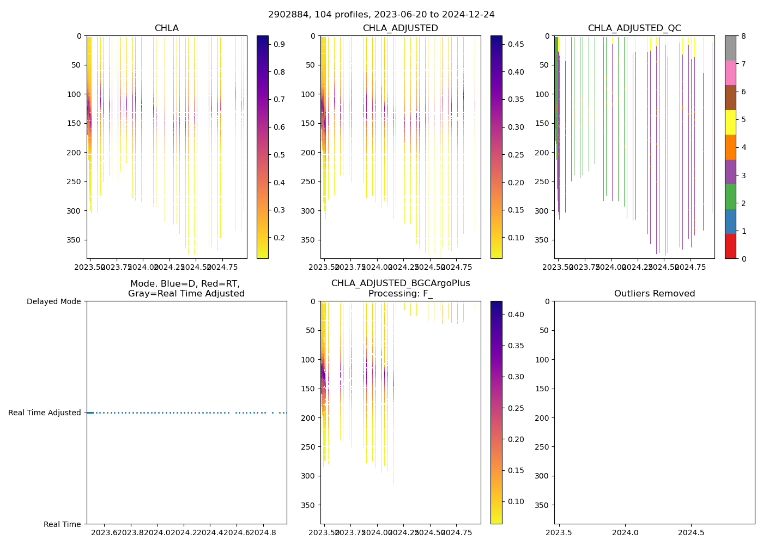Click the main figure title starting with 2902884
point(381,15)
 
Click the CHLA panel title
point(166,28)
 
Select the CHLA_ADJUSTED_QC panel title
point(634,28)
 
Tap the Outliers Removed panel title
point(655,294)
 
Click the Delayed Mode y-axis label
point(53,301)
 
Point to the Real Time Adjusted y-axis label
point(45,413)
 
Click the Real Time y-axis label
point(62,524)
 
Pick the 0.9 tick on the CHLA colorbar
point(279,44)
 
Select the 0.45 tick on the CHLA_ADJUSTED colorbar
point(516,44)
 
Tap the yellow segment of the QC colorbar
point(730,122)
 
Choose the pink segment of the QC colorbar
point(730,72)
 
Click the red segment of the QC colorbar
point(730,246)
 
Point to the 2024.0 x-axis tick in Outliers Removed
point(625,531)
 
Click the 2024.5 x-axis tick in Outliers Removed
point(692,531)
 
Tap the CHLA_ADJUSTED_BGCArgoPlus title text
point(401,283)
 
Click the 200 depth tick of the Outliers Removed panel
point(543,418)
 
